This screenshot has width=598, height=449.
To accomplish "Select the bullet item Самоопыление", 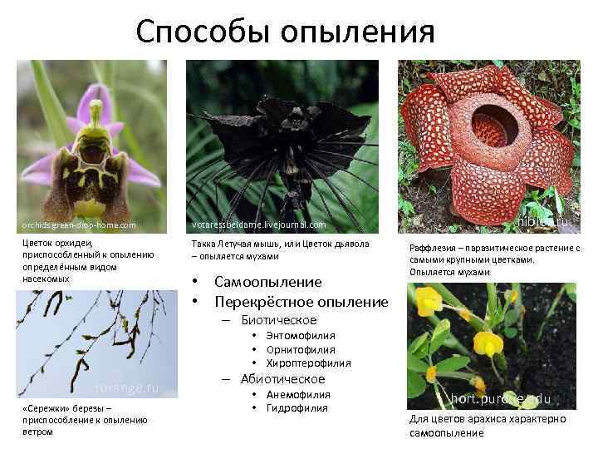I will pos(267,283).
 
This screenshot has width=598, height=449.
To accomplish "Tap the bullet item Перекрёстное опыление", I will pos(301,302).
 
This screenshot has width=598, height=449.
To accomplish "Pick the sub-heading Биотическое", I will pos(278,320).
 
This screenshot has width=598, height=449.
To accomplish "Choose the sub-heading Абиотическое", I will pos(282,379).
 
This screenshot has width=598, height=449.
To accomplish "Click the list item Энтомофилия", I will pos(301,335).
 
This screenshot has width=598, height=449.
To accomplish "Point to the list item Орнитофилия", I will pos(301,349).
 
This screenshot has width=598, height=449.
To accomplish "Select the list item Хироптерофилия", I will pos(308,363).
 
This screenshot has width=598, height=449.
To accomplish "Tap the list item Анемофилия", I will pos(298,394).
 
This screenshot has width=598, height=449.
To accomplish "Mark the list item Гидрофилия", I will pos(297,408).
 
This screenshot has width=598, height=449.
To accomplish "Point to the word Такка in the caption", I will pos(202,244).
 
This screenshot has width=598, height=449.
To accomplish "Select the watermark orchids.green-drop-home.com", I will pos(79,225).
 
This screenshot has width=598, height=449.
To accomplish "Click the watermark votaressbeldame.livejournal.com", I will pos(258,225).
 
